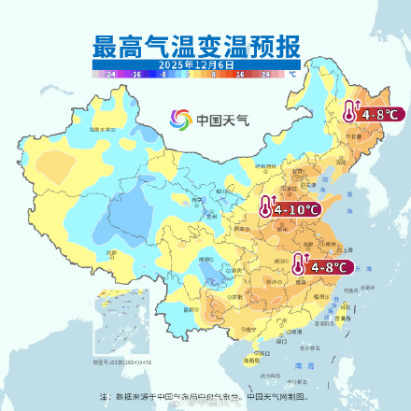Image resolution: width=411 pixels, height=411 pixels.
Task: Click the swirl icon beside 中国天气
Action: click(180, 120)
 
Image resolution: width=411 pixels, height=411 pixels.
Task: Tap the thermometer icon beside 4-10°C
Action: click(267, 208)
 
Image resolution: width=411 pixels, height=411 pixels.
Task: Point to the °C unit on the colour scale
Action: click(291, 73)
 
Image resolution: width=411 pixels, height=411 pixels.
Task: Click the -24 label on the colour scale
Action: click(111, 73)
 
